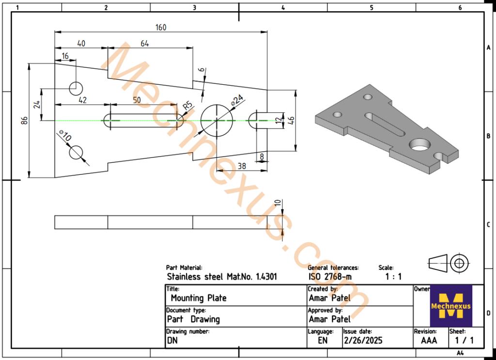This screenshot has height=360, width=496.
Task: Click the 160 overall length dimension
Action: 160,27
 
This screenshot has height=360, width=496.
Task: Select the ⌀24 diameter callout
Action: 237,100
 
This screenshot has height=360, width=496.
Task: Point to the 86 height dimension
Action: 24,120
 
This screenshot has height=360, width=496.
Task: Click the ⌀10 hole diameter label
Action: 64,137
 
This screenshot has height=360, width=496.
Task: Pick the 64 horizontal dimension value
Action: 145,44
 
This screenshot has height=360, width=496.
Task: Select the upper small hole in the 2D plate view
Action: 76,89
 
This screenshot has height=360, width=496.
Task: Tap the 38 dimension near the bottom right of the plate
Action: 241,166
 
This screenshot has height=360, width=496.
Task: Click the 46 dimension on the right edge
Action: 291,120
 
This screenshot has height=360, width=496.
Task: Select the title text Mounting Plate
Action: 199,298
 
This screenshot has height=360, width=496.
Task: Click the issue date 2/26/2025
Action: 363,340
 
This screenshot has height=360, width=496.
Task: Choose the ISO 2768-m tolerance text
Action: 330,277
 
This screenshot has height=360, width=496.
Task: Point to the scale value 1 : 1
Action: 393,277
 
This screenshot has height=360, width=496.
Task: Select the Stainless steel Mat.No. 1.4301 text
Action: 222,277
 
